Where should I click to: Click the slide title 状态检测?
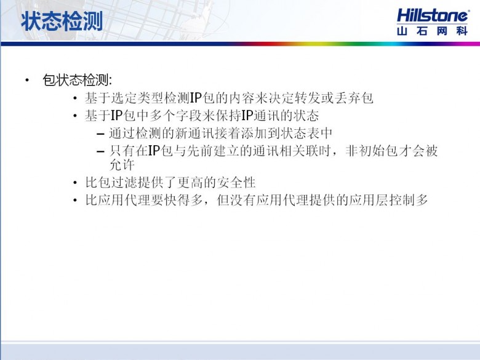(62, 22)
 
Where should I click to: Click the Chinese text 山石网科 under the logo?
(432, 31)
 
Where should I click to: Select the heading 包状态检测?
(78, 80)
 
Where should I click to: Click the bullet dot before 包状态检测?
(27, 81)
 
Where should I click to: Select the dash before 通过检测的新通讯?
(100, 134)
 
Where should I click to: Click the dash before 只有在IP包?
(100, 151)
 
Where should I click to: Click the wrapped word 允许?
(122, 165)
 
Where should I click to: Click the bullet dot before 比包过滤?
(75, 183)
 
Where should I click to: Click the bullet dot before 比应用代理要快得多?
(75, 201)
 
